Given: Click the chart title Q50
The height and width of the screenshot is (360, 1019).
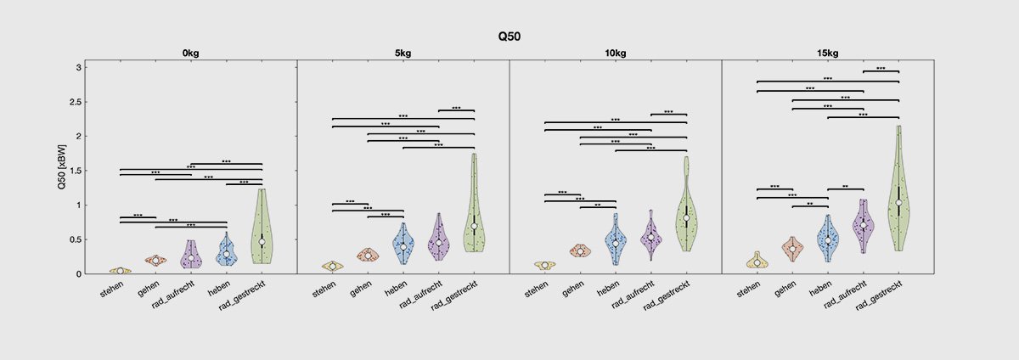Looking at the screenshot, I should pyautogui.click(x=509, y=37).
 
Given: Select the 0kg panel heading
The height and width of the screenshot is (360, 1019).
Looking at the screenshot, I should pyautogui.click(x=191, y=53).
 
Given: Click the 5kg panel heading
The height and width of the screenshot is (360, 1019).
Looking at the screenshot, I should pyautogui.click(x=403, y=53).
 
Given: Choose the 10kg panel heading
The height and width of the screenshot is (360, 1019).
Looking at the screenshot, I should pyautogui.click(x=616, y=53).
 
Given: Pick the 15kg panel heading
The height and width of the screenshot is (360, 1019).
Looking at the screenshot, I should pyautogui.click(x=828, y=53).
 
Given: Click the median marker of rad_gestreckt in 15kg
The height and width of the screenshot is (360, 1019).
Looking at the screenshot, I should pyautogui.click(x=898, y=202).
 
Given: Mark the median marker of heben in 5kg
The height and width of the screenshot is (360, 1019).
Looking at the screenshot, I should pyautogui.click(x=403, y=246).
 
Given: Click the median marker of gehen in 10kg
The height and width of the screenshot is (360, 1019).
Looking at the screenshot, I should pyautogui.click(x=580, y=251).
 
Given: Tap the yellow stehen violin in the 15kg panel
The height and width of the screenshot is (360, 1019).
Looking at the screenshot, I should pyautogui.click(x=757, y=262).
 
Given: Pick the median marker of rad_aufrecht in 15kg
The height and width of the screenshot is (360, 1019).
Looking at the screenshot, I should pyautogui.click(x=864, y=225).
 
